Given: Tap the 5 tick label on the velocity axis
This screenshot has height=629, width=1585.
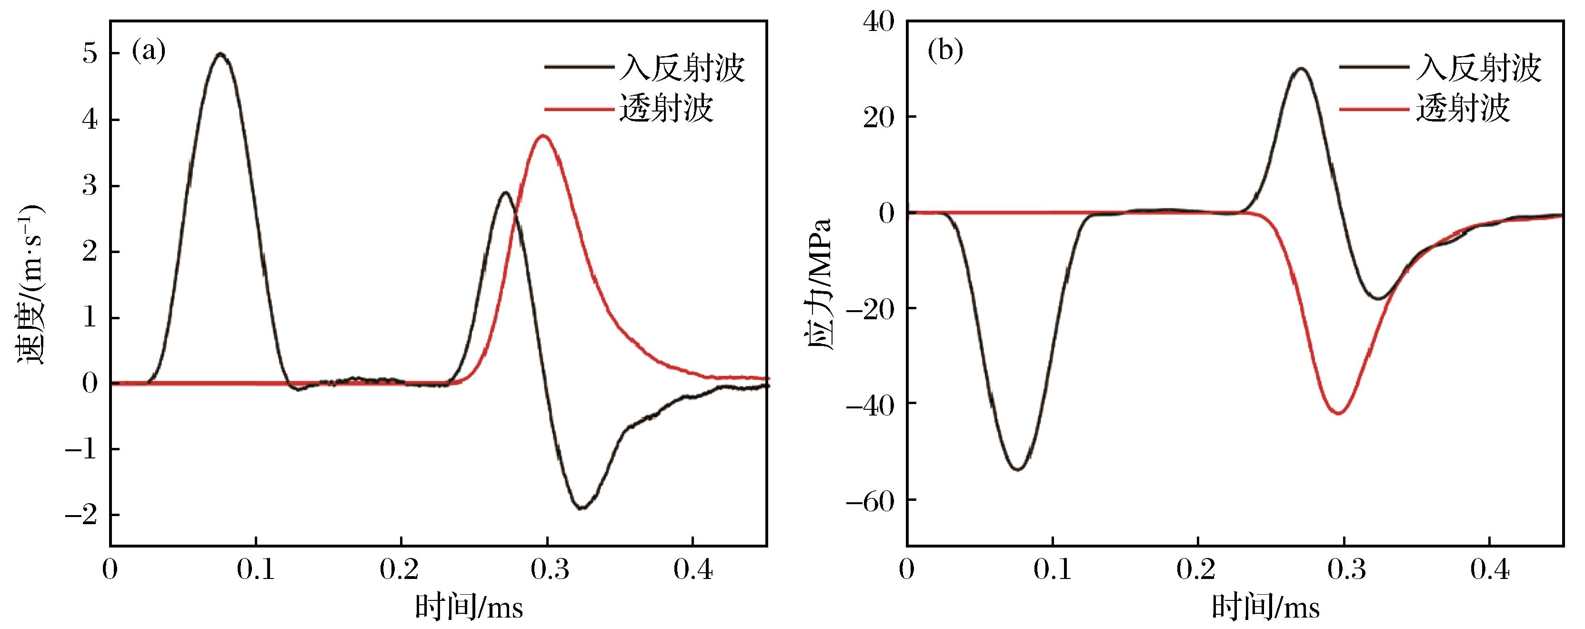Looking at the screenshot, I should pos(90,54).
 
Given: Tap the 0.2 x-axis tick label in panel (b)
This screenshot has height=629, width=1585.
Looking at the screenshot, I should pos(1197,570).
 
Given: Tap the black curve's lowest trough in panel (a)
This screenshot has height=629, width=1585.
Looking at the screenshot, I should pos(582,508).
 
